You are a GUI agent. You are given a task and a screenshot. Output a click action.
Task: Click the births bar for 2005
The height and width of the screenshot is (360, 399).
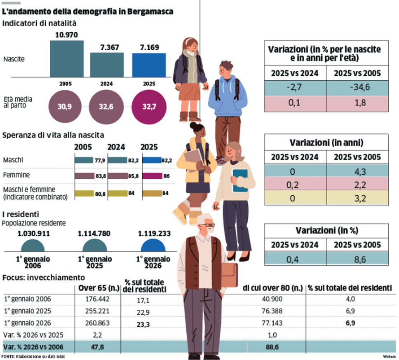coord(66,58)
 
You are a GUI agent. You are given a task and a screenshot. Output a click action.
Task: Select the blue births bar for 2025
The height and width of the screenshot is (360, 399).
coord(149,65)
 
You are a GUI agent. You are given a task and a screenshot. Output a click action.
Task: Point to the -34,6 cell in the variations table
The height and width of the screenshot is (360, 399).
coord(357,87)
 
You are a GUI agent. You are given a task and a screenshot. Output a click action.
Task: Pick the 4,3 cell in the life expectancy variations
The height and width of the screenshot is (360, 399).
coord(357,171)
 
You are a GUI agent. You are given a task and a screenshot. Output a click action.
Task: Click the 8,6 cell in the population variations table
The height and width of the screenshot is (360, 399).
coord(357,258)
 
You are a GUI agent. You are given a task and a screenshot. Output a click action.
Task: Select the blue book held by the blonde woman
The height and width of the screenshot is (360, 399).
coord(240,180)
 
